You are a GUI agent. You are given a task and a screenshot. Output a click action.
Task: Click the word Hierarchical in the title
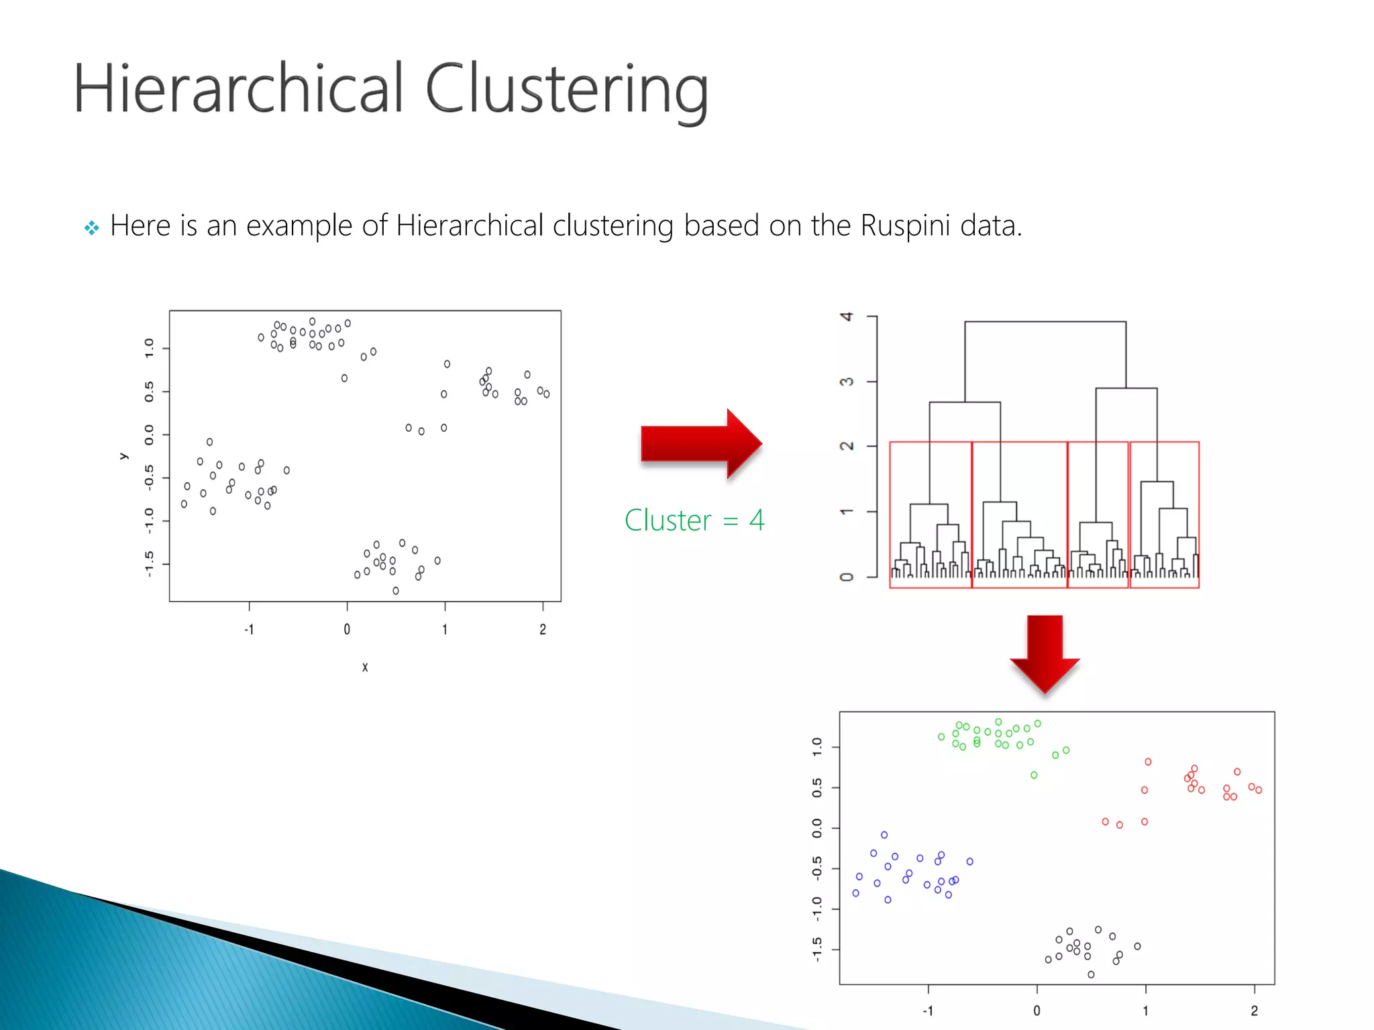click(x=238, y=89)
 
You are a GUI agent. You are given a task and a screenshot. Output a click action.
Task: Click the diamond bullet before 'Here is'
click(x=91, y=228)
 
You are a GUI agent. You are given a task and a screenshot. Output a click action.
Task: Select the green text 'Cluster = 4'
click(x=694, y=520)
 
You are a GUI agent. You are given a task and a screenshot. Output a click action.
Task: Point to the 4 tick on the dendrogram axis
click(x=847, y=317)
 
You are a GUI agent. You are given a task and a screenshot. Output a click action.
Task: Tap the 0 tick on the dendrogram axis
click(x=847, y=577)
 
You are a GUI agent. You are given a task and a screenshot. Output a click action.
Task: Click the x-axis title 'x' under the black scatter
click(x=365, y=667)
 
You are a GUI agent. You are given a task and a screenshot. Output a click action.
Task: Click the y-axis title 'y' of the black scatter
click(x=123, y=456)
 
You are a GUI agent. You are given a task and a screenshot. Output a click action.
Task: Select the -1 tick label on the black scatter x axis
click(x=249, y=629)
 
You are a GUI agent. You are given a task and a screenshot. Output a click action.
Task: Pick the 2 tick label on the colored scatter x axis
click(x=1254, y=1011)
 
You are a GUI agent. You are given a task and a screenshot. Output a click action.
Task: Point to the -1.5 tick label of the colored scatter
click(x=816, y=950)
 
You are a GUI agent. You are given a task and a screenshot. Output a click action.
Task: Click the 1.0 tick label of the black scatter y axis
click(x=149, y=348)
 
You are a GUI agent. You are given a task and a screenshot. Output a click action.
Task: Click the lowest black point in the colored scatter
click(x=1091, y=974)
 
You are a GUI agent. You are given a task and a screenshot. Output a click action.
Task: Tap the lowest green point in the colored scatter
click(x=1034, y=775)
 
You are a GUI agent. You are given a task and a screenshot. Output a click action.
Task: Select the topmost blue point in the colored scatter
click(x=884, y=835)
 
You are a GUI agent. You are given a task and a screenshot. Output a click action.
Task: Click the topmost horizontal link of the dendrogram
click(x=1045, y=322)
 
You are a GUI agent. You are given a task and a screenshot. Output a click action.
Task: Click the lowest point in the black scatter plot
click(x=396, y=591)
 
